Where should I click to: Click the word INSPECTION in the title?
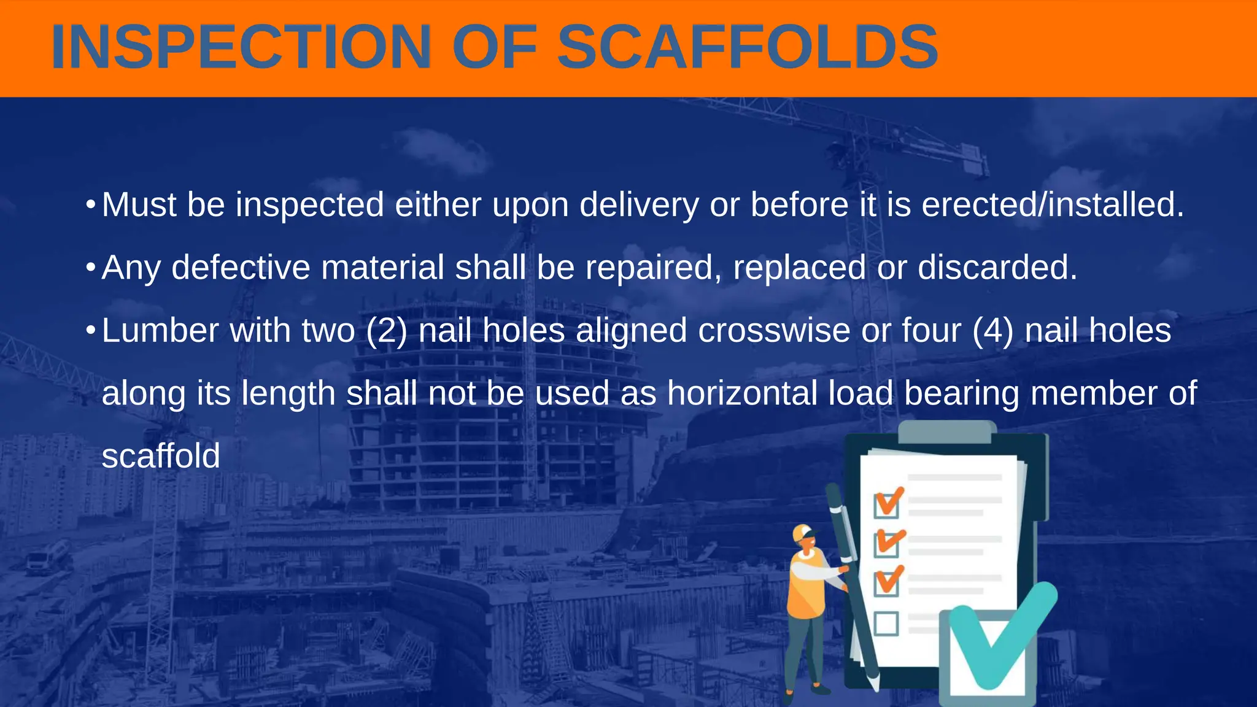[x=241, y=47]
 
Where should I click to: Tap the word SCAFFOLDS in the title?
[x=747, y=47]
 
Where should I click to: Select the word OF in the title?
[x=494, y=47]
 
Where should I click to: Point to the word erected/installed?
[x=1053, y=205]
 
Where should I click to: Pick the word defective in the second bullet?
[x=241, y=268]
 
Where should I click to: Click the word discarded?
[x=997, y=268]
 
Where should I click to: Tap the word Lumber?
[x=160, y=330]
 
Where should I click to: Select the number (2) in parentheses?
[x=387, y=331]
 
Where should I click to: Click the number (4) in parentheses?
[x=993, y=331]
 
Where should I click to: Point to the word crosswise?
[x=774, y=330]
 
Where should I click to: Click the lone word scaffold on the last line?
[x=161, y=456]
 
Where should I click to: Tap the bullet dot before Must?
[x=90, y=205]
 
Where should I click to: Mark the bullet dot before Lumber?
[x=90, y=331]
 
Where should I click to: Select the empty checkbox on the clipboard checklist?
[x=886, y=624]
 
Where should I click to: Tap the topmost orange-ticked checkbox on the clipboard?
[x=887, y=505]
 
